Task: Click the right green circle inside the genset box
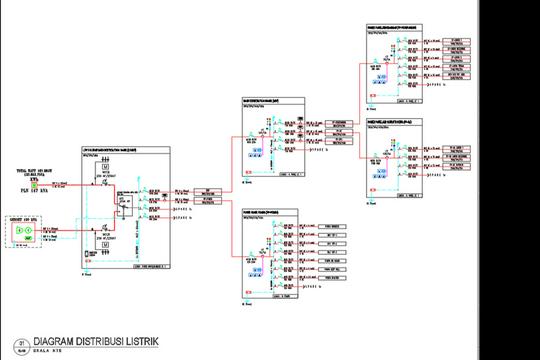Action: coord(30,233)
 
